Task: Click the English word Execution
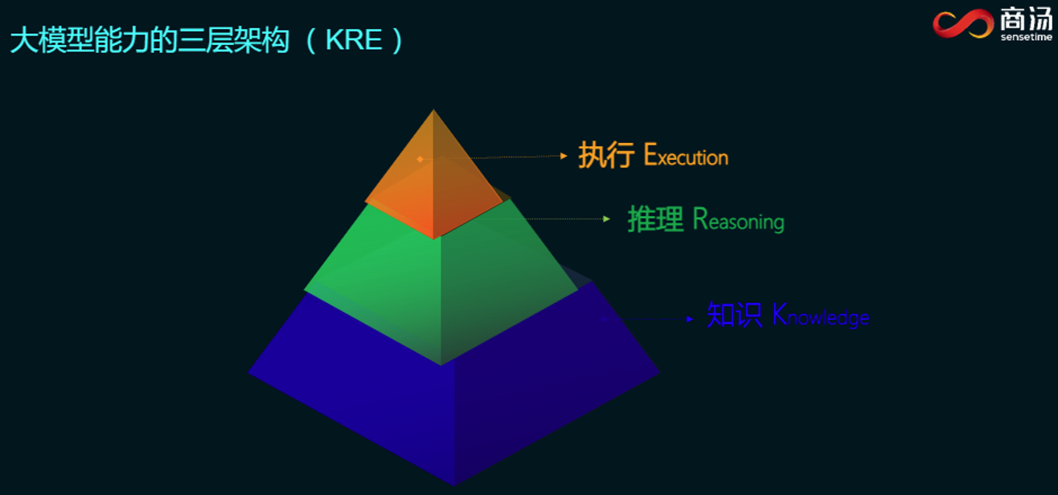point(686,156)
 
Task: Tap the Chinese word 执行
point(606,155)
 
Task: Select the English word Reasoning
point(738,219)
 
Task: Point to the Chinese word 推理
point(655,219)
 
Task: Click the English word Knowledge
point(820,315)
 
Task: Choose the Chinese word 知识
point(734,314)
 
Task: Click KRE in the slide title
point(354,39)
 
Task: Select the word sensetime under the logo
point(1027,37)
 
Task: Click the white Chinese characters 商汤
point(1027,18)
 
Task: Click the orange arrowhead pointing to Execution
point(564,156)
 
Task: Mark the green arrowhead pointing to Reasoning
point(607,219)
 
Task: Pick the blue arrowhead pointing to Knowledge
point(690,320)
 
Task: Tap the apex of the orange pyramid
point(433,110)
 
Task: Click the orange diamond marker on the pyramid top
point(420,159)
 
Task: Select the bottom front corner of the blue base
point(454,485)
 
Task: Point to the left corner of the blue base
point(249,373)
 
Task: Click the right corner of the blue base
point(659,373)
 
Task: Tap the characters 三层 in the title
point(206,40)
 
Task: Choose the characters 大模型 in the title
point(52,40)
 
